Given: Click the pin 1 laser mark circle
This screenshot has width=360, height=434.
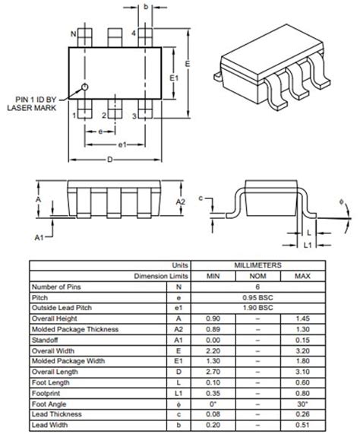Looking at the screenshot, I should (x=86, y=87).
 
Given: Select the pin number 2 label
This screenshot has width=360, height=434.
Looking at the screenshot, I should (x=103, y=116).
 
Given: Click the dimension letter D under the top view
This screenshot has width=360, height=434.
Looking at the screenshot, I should (x=111, y=160).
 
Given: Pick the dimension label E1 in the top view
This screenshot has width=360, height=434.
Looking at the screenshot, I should (x=173, y=78).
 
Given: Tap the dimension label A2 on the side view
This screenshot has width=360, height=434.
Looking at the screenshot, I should (x=181, y=202).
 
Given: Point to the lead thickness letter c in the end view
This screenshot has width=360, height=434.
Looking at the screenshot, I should (x=201, y=198).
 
